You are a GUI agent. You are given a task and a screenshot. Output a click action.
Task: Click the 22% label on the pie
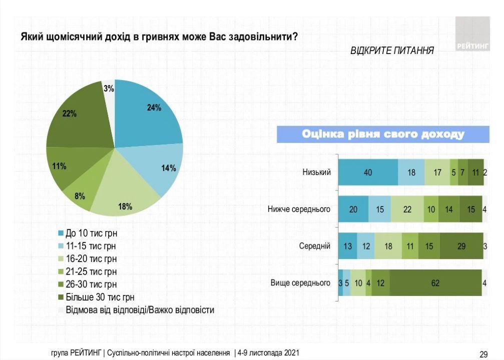point(70,113)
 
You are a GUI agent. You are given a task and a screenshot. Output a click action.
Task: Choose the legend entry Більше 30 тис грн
point(95,297)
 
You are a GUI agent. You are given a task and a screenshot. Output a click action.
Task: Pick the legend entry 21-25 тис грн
point(90,271)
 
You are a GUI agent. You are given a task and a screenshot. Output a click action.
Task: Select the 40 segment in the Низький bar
point(368,172)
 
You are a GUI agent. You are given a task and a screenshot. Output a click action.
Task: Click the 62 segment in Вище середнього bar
point(435,283)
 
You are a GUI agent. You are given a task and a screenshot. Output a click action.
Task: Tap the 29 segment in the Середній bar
point(461,246)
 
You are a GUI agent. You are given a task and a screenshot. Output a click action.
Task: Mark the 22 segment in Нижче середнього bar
point(407,209)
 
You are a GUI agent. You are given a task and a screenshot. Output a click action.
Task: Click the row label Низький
point(316,172)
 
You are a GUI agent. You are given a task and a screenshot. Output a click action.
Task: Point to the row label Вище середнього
point(300,283)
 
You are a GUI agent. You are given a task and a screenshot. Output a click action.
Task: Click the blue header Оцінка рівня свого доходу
point(383,134)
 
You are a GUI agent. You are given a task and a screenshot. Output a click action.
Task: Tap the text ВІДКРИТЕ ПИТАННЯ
point(392,50)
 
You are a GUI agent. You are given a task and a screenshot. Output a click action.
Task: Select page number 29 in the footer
point(483,354)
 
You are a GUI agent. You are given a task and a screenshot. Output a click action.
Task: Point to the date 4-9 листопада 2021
point(268,352)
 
